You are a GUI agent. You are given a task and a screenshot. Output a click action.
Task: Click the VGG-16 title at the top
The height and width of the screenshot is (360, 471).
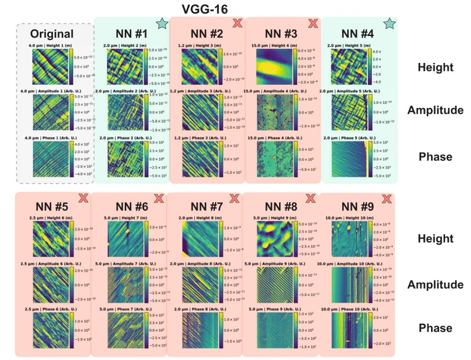[204, 9]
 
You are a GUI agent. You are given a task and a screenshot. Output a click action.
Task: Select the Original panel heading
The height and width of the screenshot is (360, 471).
[52, 34]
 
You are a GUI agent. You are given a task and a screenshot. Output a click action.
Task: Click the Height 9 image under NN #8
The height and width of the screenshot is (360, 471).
[274, 239]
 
